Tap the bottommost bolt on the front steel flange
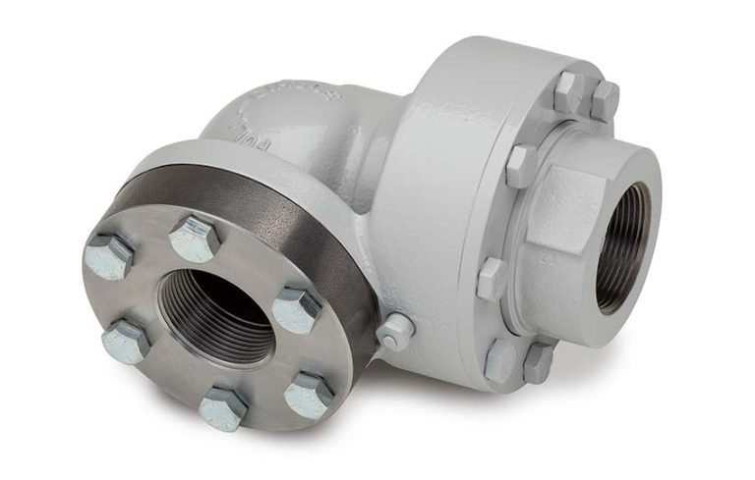coord(223,405)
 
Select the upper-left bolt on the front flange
coord(108,256)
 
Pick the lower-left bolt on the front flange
coord(126,340)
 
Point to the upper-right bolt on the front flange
coord(296,309)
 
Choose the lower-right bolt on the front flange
coord(309,394)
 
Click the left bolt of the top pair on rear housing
coord(568,91)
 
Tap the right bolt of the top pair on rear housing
coord(604,100)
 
